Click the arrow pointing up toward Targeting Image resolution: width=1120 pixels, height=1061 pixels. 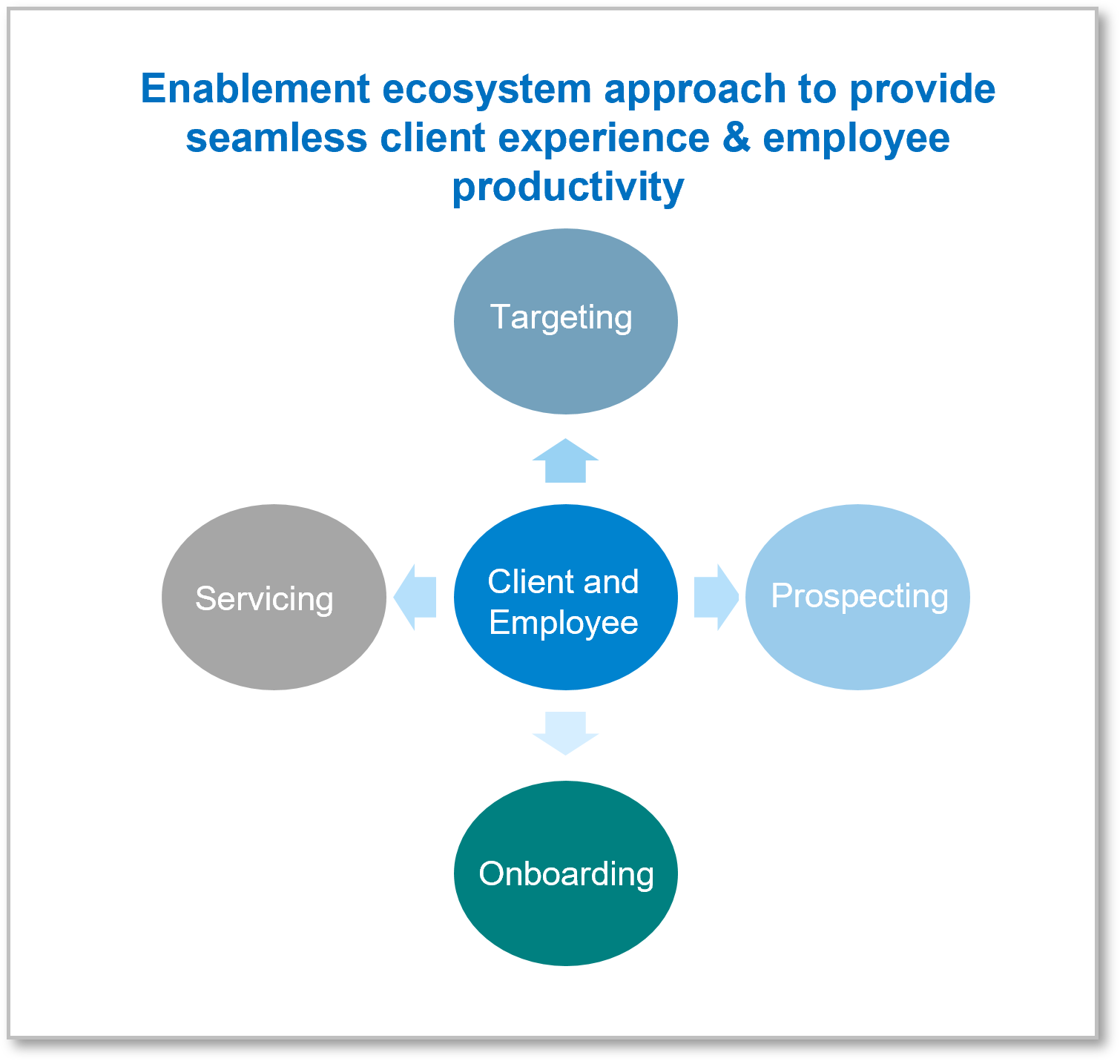click(565, 460)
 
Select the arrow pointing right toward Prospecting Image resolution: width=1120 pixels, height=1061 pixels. click(717, 597)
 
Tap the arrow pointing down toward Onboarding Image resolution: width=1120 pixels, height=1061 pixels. click(565, 733)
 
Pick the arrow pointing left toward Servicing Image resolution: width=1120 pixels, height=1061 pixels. click(415, 597)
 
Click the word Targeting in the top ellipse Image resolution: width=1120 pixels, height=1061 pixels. click(561, 318)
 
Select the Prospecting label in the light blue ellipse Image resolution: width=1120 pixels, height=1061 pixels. click(860, 597)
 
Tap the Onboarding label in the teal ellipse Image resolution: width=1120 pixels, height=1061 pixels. click(567, 873)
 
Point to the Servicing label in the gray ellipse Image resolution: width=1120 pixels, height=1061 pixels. click(264, 599)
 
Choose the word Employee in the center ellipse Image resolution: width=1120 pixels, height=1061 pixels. click(564, 624)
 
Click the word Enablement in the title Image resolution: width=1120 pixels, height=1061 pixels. click(255, 88)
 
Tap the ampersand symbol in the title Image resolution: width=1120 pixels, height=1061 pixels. click(737, 138)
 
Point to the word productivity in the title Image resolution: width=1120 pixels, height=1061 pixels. click(568, 188)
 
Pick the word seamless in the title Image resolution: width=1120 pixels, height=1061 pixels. click(277, 138)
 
